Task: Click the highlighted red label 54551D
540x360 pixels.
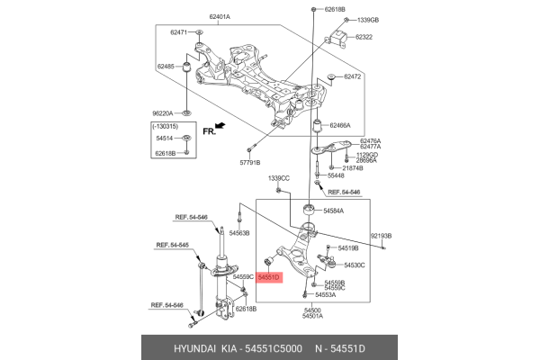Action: [x=269, y=278]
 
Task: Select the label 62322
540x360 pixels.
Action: [x=364, y=38]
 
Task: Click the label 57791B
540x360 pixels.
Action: [x=247, y=163]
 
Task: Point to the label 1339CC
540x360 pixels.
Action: [x=279, y=180]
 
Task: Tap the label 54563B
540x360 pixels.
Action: [x=239, y=233]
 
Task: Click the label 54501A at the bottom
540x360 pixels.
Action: [x=312, y=316]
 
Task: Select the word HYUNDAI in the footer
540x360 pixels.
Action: [x=173, y=346]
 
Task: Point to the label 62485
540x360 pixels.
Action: [x=166, y=67]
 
